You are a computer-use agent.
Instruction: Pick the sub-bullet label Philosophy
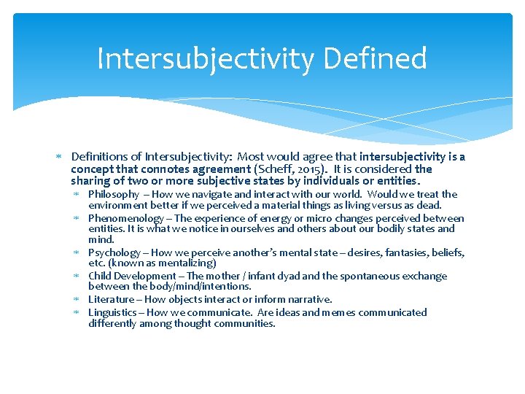(x=113, y=194)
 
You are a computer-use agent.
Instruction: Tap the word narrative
(x=310, y=299)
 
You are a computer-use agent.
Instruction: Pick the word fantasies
(x=409, y=252)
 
